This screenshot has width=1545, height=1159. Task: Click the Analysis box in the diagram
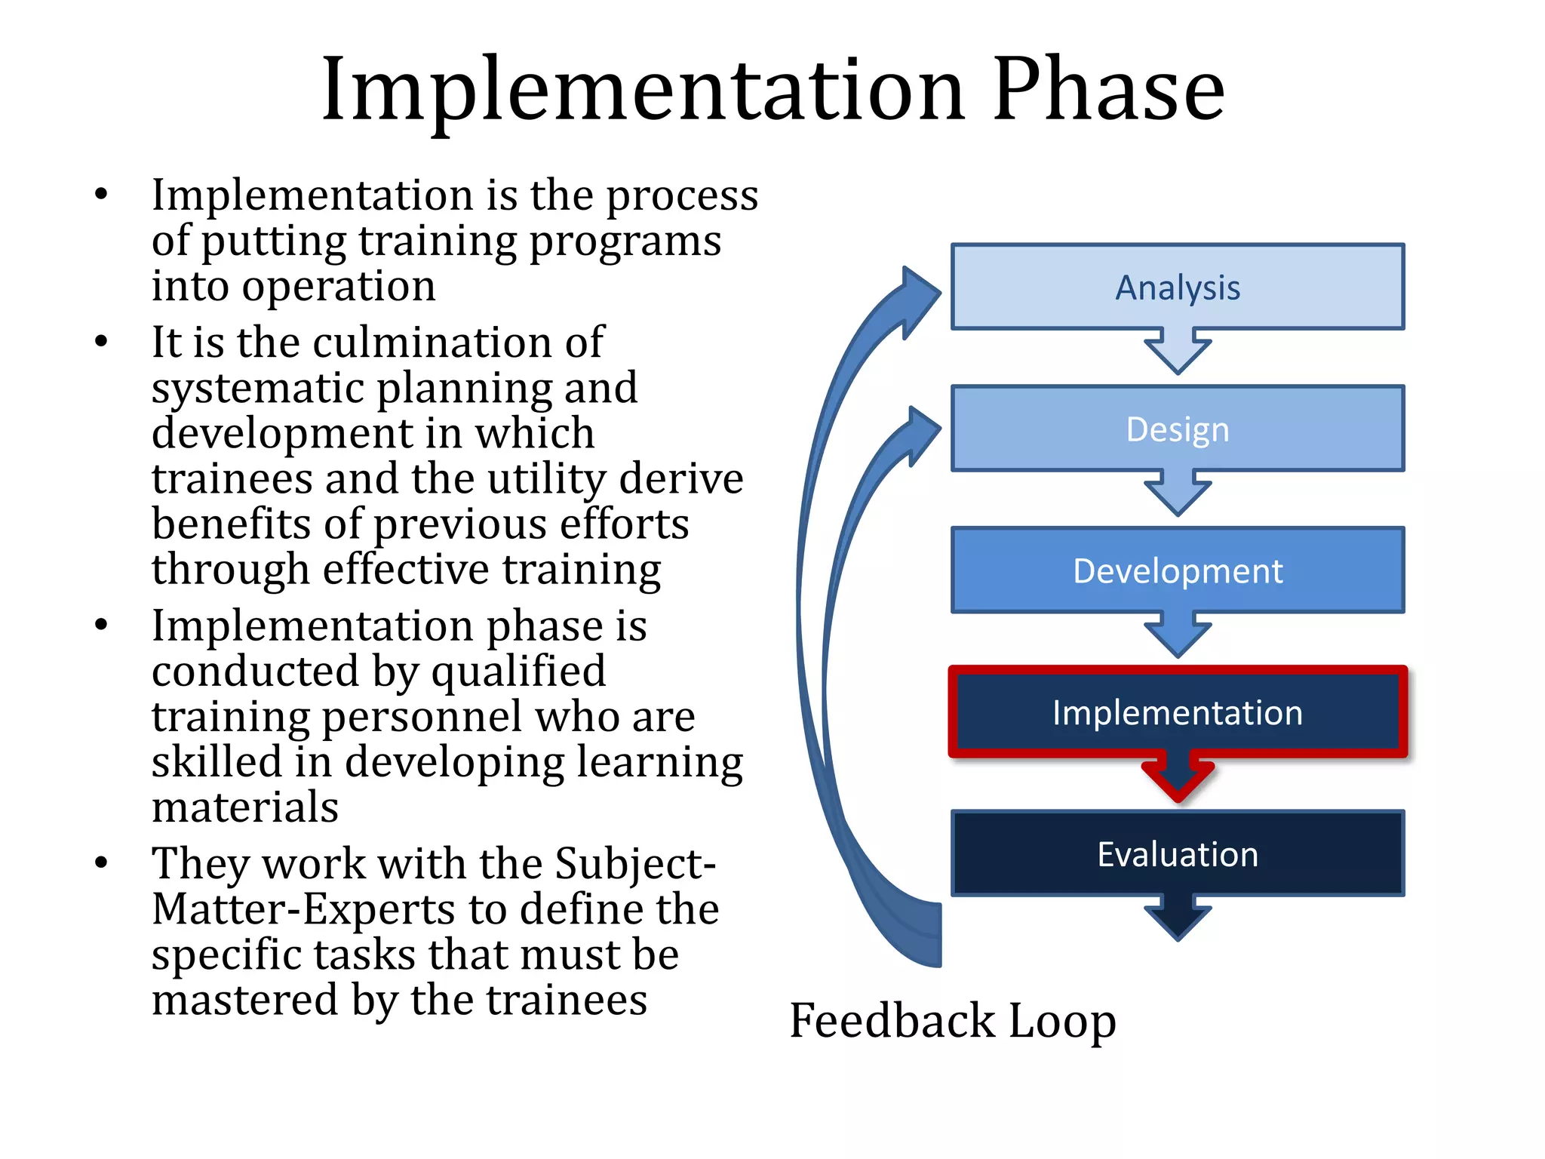[1177, 287]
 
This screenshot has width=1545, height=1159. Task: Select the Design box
[1177, 429]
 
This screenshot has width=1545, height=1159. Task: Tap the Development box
[1177, 570]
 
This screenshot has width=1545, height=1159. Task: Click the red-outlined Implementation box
[1177, 712]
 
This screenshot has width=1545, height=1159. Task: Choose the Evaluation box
[1177, 853]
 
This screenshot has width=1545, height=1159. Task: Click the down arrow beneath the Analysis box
[1178, 352]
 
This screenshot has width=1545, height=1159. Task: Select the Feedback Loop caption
[952, 1020]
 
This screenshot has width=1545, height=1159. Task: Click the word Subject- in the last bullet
[635, 865]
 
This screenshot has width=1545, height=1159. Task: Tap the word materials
[245, 807]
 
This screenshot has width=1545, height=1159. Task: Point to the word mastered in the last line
[245, 1000]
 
